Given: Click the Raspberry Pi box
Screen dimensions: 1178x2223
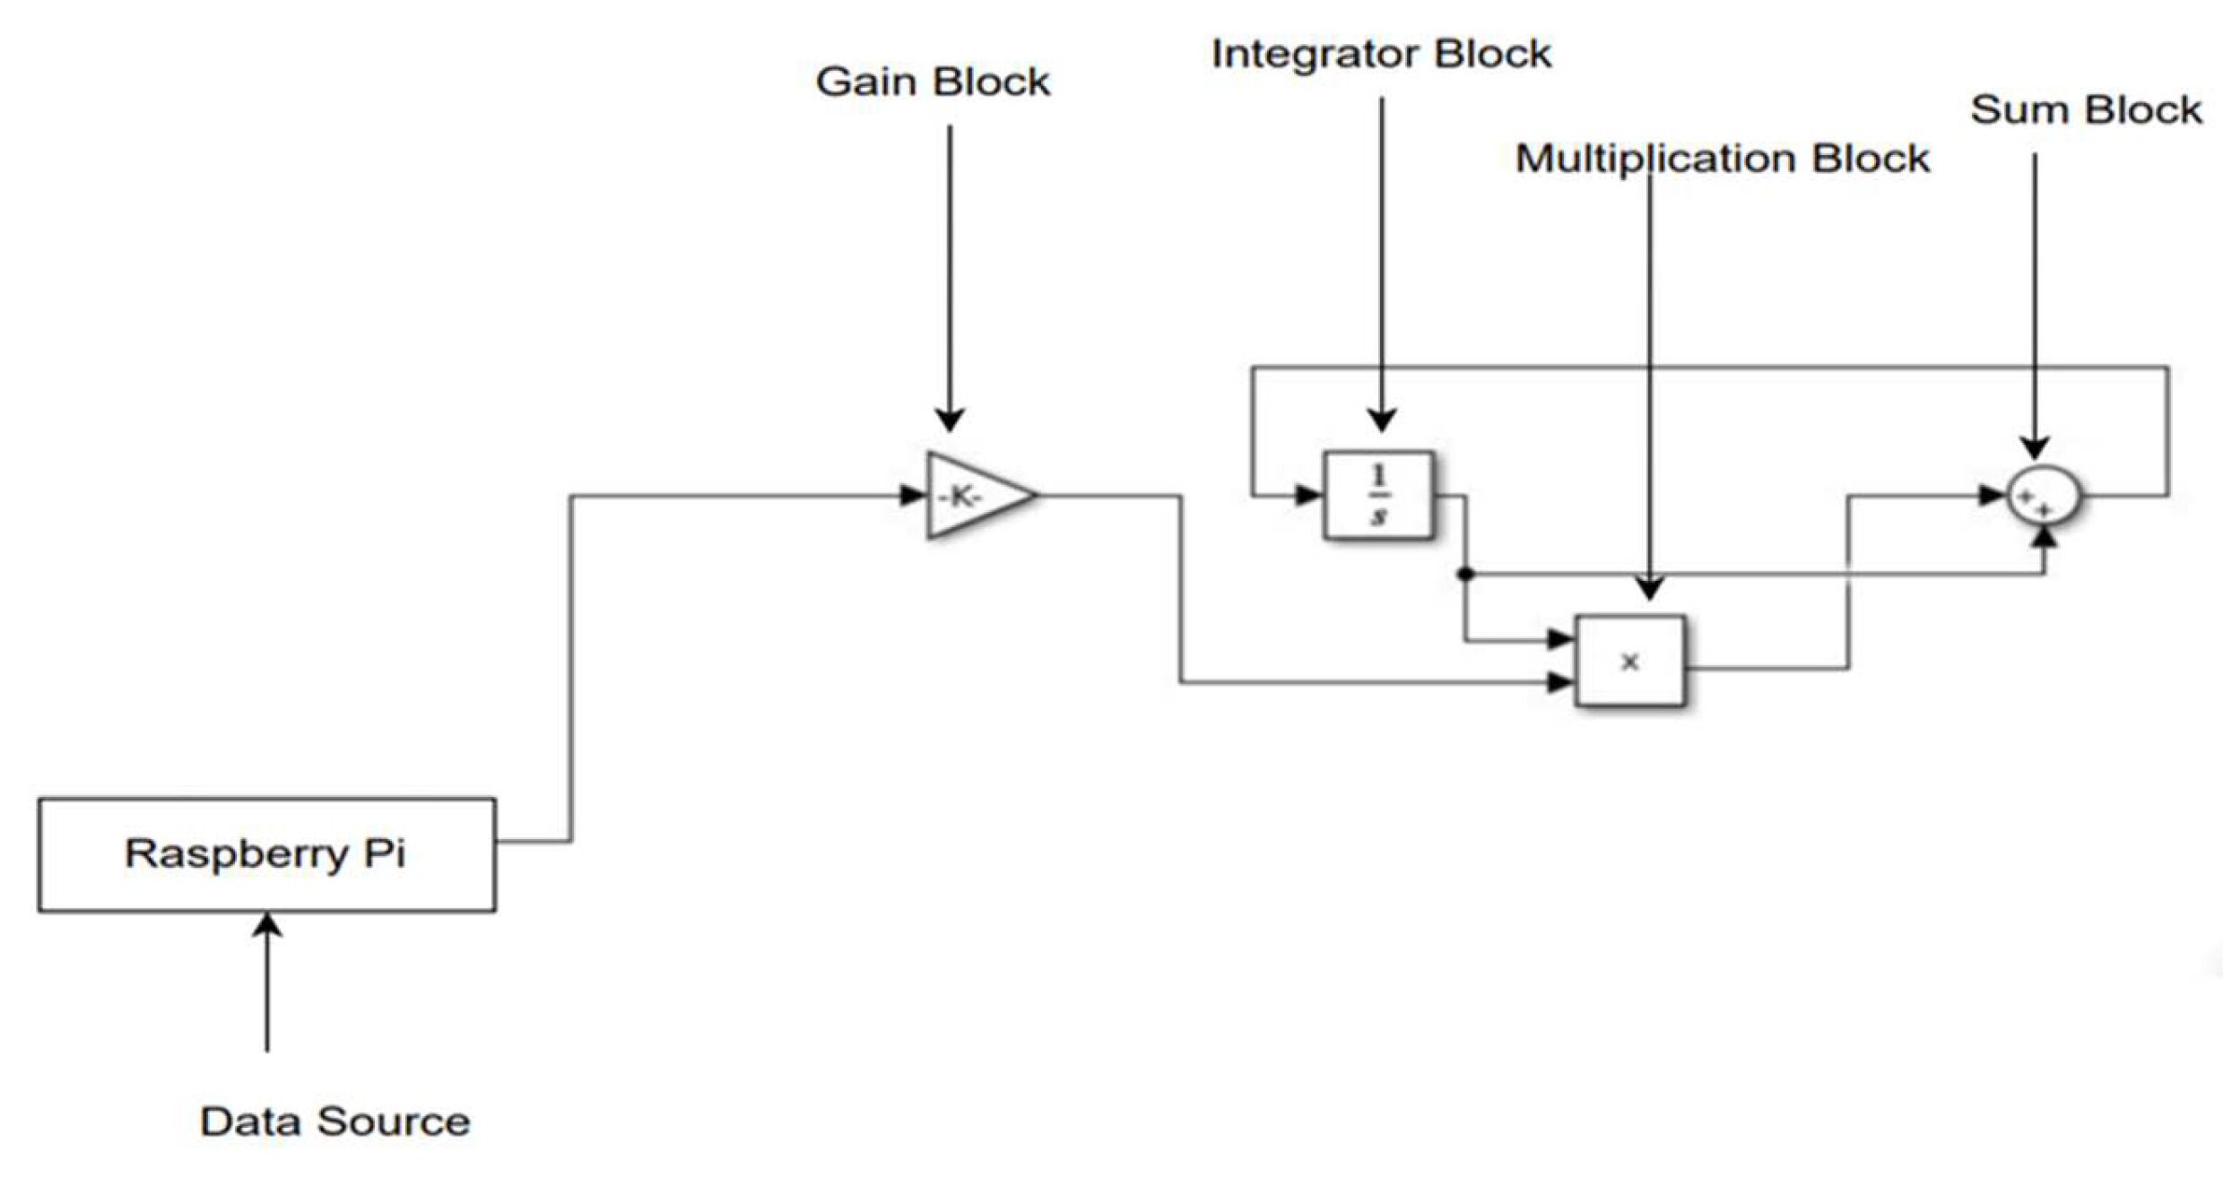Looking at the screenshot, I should tap(266, 853).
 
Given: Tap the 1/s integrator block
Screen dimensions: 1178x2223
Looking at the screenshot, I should tap(1378, 495).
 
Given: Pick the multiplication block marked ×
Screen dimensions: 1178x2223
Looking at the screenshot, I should tap(1629, 662).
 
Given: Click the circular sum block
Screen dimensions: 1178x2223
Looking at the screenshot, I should tap(2042, 496).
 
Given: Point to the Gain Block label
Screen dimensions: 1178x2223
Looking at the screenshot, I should tap(933, 82).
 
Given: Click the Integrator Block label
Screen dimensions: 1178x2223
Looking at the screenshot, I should tap(1381, 54).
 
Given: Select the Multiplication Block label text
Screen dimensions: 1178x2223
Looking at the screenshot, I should tap(1722, 160).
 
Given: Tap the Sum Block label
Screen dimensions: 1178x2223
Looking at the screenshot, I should tap(2086, 110).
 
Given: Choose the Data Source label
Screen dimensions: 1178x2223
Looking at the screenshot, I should tap(334, 1122).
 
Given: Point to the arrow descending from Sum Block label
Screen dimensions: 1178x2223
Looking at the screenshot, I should tap(2034, 305).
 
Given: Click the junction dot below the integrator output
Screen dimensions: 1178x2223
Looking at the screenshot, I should tap(1465, 574).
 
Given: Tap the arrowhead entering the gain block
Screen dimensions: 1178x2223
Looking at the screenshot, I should tap(912, 495).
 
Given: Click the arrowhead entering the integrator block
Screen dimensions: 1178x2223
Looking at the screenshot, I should tap(1308, 495).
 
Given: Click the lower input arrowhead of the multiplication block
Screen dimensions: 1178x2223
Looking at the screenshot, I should tap(1560, 683).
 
